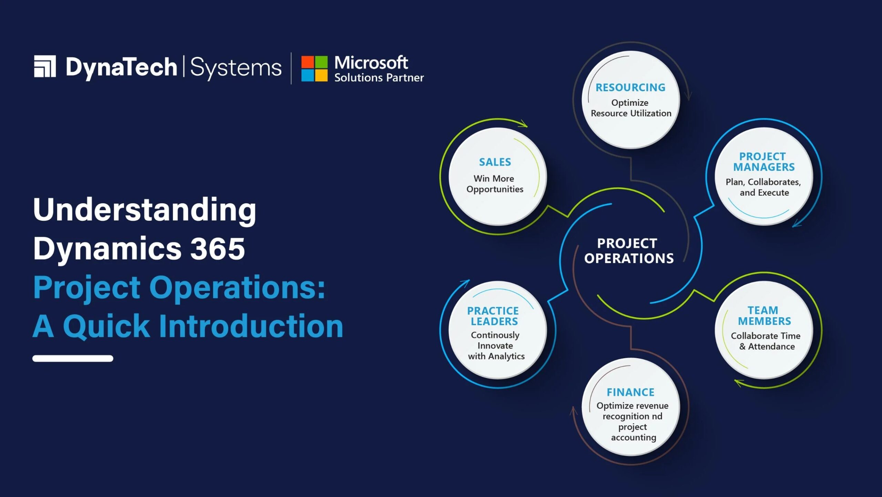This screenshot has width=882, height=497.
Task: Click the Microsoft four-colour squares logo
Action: (x=314, y=69)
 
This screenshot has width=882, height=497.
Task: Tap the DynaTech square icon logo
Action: (x=45, y=66)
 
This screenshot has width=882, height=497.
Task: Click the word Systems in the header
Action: (x=236, y=68)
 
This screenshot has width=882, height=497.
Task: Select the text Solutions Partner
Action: (x=379, y=78)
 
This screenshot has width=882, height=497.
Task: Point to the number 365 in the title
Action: (x=217, y=248)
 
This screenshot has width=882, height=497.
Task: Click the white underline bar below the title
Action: (x=73, y=358)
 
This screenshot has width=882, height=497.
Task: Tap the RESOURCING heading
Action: (x=630, y=87)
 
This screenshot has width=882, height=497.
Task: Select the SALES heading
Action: (x=495, y=162)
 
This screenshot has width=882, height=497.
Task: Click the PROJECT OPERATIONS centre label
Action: (x=628, y=251)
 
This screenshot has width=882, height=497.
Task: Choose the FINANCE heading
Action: (x=630, y=392)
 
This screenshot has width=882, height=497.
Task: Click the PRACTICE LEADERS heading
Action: (x=493, y=316)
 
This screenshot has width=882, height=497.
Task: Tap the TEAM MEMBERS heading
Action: (x=764, y=315)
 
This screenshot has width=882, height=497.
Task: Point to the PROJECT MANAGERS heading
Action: (x=763, y=162)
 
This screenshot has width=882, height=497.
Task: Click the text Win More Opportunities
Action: (x=494, y=184)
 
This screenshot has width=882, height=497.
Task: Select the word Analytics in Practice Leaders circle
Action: (x=506, y=356)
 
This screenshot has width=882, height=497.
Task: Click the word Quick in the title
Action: (x=106, y=326)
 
